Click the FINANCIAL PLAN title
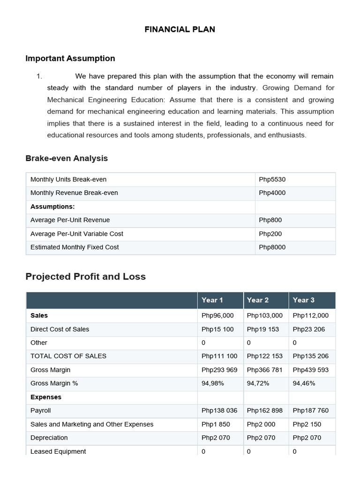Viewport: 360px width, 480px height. point(180,29)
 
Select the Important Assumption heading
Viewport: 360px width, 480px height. point(70,59)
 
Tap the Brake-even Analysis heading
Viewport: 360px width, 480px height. point(67,158)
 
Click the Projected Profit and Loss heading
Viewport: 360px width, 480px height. point(85,277)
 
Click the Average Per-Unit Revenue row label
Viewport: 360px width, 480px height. point(70,220)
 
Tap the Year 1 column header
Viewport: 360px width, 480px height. point(212,300)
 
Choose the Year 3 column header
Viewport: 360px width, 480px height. point(303,300)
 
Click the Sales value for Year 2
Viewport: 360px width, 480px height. point(264,316)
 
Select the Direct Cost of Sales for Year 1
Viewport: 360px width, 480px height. point(217,330)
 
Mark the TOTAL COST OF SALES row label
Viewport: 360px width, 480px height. point(68,356)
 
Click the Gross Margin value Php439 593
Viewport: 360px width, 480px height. point(310,370)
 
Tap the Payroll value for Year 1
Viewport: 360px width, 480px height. point(219,411)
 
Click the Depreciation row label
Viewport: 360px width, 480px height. point(49,438)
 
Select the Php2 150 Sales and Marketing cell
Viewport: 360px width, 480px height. point(307,424)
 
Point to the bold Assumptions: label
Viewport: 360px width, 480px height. point(52,207)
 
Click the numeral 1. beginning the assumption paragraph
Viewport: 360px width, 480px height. point(39,76)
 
